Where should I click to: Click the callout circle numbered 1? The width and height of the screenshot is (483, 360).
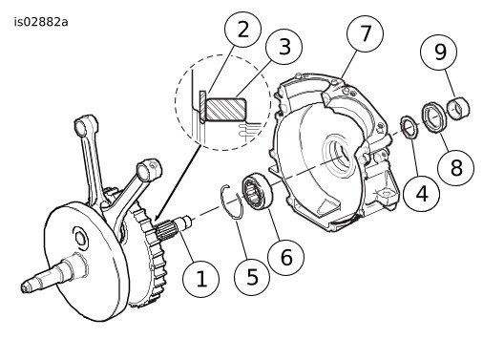pos(200,279)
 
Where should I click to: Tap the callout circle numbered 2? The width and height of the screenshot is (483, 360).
pos(242,30)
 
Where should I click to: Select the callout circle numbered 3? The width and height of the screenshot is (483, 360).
pos(284,47)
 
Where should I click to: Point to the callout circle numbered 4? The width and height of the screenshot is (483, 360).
pos(422,193)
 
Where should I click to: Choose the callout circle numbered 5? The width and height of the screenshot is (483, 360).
pos(252,277)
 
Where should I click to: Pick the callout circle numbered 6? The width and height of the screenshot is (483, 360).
pos(286,257)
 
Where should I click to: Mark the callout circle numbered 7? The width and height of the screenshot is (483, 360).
pos(365,33)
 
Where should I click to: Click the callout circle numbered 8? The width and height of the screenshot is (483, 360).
pos(456,167)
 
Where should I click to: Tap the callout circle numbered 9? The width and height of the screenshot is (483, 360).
pos(439,52)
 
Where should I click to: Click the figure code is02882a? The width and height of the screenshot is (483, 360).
pos(41,22)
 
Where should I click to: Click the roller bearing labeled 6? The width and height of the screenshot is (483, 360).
pos(258,191)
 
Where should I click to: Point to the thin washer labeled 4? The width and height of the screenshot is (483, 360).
pos(409,127)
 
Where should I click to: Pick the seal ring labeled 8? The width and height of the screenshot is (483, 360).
pos(435,117)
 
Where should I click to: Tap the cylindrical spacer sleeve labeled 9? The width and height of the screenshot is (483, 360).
pos(458,108)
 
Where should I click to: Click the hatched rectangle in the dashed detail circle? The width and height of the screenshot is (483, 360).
pos(226,109)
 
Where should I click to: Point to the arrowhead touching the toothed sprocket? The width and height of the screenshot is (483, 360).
pos(156,218)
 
